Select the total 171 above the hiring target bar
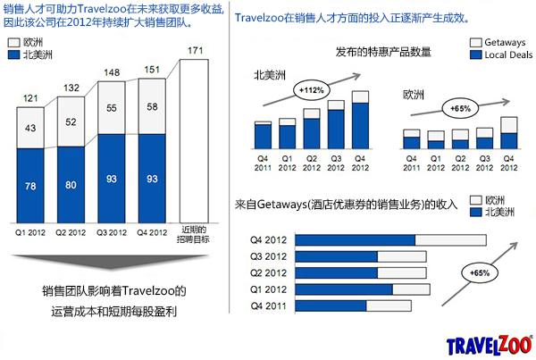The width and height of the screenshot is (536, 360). tap(192, 50)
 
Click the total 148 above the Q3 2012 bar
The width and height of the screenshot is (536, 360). tap(112, 72)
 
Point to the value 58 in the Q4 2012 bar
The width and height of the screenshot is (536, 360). tap(153, 107)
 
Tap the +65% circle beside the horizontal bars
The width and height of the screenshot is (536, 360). tap(480, 271)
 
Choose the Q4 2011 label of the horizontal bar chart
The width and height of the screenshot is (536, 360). tap(269, 306)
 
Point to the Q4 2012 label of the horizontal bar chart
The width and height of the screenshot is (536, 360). tap(269, 239)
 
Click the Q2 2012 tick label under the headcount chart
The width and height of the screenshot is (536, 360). tap(71, 232)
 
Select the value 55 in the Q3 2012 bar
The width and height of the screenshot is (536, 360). tap(112, 108)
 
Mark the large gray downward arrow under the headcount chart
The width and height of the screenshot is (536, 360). tap(111, 264)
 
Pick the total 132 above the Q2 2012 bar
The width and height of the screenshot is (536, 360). tap(71, 88)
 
